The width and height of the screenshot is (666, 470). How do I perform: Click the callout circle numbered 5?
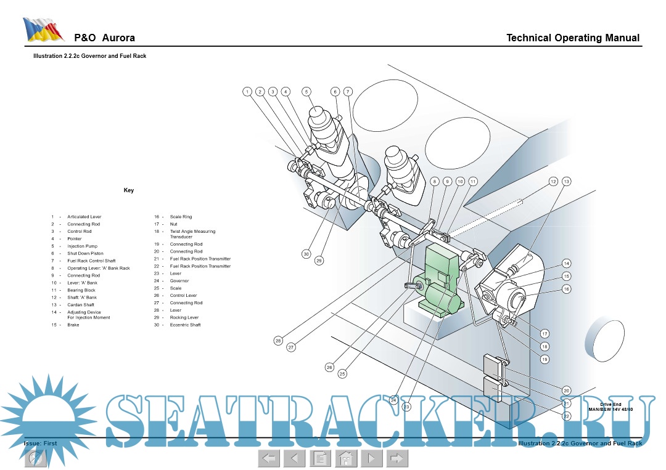point(306,91)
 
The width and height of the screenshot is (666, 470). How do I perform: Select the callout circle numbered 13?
point(566,181)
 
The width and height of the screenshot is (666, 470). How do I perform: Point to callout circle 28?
point(278,341)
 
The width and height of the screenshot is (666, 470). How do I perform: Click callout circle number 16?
point(566,289)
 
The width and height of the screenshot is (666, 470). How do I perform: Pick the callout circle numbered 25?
point(342,373)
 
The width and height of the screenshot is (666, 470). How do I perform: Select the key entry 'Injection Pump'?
point(82,246)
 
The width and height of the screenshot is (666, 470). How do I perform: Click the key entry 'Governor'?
point(179,281)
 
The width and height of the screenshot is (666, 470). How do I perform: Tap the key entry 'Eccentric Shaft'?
point(185,325)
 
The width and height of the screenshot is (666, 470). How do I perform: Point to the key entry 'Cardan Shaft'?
point(81,304)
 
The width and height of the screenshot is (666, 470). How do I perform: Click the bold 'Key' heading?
point(129,190)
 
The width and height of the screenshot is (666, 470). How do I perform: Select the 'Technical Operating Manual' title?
point(572,38)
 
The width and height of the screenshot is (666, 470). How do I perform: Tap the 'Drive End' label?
point(610,404)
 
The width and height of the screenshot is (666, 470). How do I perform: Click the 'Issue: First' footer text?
point(40,443)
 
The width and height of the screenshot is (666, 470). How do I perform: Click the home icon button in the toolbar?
point(346,458)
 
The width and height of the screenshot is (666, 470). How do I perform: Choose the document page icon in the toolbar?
point(319,458)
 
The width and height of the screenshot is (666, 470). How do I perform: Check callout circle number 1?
point(247,92)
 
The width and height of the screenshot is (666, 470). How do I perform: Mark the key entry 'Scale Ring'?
point(181,217)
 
